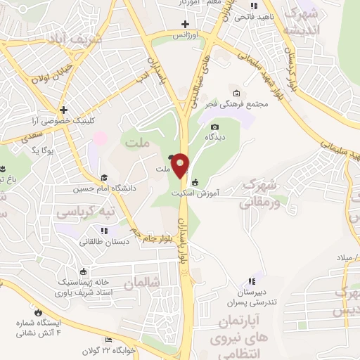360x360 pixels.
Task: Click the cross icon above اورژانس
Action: pos(186,25)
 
